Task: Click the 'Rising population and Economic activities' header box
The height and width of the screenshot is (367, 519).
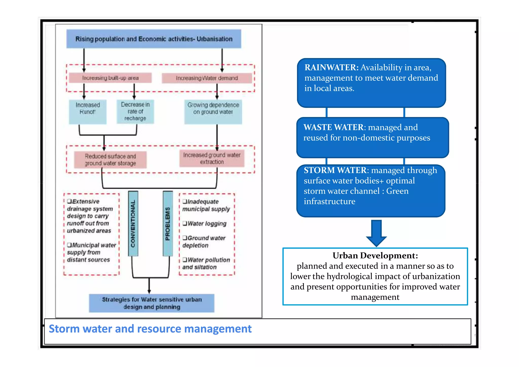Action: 154,39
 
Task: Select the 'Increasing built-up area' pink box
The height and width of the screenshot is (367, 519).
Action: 110,78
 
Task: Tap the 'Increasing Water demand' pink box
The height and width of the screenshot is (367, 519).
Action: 207,78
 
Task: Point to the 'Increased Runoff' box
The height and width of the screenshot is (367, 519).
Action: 88,112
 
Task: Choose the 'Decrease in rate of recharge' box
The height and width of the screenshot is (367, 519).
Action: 135,112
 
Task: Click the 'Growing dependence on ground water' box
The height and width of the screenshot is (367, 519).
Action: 213,112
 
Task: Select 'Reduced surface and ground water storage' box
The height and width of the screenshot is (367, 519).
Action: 110,160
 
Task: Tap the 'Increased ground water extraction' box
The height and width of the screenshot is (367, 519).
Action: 212,158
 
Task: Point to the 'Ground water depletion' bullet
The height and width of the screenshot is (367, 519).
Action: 204,242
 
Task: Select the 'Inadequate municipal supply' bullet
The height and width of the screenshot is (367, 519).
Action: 206,205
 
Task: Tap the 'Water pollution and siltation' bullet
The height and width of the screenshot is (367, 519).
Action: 206,263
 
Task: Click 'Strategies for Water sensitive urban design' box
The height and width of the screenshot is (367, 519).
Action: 152,303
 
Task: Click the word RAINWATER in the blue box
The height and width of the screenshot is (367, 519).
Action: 331,67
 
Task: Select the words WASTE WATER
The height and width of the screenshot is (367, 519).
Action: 333,127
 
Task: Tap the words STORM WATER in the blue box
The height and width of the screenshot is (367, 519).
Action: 335,170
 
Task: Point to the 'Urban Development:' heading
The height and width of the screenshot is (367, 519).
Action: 375,255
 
